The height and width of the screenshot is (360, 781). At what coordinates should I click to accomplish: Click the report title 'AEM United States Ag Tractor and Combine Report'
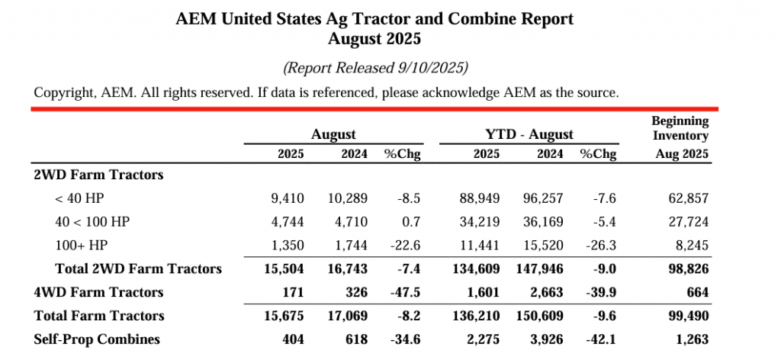[x=374, y=18]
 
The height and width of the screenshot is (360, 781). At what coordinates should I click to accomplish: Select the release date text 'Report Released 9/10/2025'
[x=375, y=68]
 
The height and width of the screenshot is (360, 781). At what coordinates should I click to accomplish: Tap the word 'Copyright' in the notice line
[x=64, y=93]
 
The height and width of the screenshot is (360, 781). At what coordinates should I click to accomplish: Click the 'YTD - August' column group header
[x=529, y=134]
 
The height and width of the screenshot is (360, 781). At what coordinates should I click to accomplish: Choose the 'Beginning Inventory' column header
[x=680, y=128]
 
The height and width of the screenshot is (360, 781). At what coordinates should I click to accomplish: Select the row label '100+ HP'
[x=80, y=245]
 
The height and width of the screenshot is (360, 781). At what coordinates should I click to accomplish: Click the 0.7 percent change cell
[x=413, y=222]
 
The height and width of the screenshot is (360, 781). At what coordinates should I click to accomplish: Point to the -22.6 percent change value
[x=406, y=245]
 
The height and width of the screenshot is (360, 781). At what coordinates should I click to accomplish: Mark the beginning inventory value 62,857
[x=687, y=198]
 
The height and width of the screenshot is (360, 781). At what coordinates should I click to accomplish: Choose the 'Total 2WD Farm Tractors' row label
[x=138, y=268]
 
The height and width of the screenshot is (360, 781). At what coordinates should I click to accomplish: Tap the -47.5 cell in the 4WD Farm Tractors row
[x=406, y=292]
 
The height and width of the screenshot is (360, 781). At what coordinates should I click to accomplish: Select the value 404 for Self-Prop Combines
[x=293, y=339]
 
